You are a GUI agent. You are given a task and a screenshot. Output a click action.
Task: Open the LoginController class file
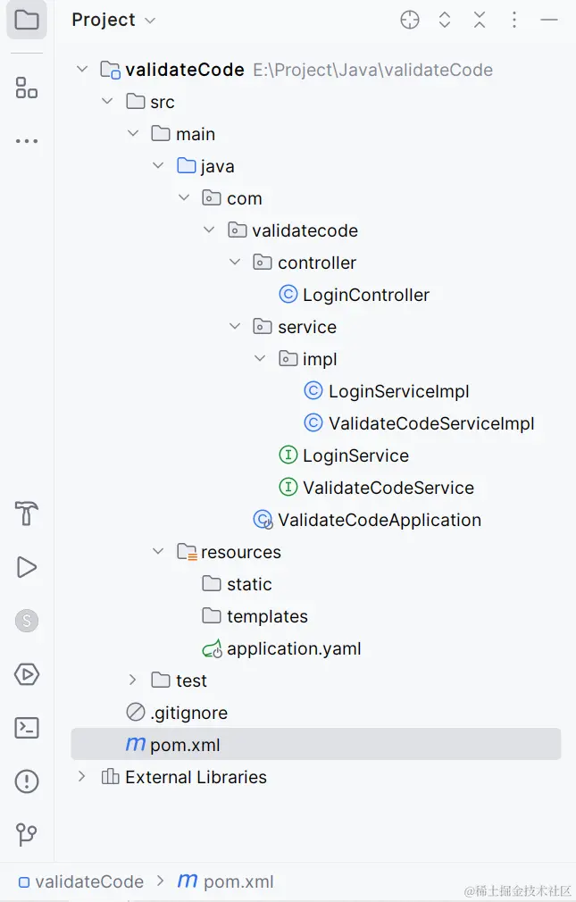point(365,295)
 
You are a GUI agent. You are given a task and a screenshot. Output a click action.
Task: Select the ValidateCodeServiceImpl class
point(430,423)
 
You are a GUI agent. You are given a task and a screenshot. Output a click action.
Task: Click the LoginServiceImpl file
point(398,391)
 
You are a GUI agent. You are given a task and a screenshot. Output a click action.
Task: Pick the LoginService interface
point(355,455)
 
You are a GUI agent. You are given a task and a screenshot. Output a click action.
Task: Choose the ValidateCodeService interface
point(388,488)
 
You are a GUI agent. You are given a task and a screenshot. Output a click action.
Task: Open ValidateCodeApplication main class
point(379,520)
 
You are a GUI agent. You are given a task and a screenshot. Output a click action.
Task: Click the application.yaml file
point(293,648)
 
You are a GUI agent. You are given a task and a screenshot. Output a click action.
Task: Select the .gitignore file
point(188,713)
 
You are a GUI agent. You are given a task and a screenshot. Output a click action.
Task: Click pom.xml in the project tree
point(185,745)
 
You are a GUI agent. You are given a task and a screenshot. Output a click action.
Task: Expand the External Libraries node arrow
point(82,777)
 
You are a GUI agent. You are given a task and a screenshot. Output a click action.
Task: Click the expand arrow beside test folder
point(133,681)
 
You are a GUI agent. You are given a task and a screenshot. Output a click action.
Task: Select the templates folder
point(266,616)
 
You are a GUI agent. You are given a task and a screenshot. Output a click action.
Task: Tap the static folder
point(248,584)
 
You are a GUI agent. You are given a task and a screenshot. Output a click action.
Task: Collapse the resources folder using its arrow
point(158,552)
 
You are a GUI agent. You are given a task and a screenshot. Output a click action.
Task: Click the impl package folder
point(319,359)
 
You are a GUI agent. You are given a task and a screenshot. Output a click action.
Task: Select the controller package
point(316,263)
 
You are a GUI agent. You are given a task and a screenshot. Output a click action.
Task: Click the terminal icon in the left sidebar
point(27,728)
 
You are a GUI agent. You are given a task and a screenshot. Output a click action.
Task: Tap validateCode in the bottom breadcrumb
point(88,881)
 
